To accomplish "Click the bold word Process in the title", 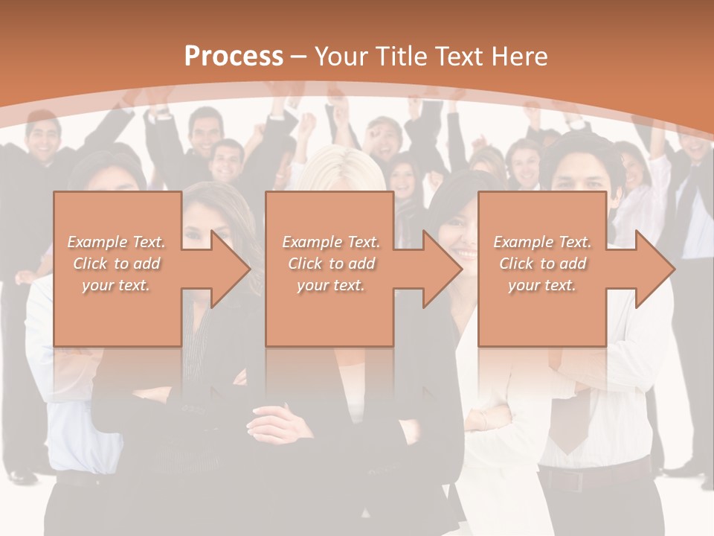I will (234, 57).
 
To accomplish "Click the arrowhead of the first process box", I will (230, 269).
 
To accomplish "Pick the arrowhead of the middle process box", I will (442, 269).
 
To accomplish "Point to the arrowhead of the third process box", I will (654, 269).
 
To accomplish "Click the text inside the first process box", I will (116, 264).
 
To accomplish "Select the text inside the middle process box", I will (330, 264).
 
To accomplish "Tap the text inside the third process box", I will (542, 264).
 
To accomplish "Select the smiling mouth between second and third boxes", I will (466, 254).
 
